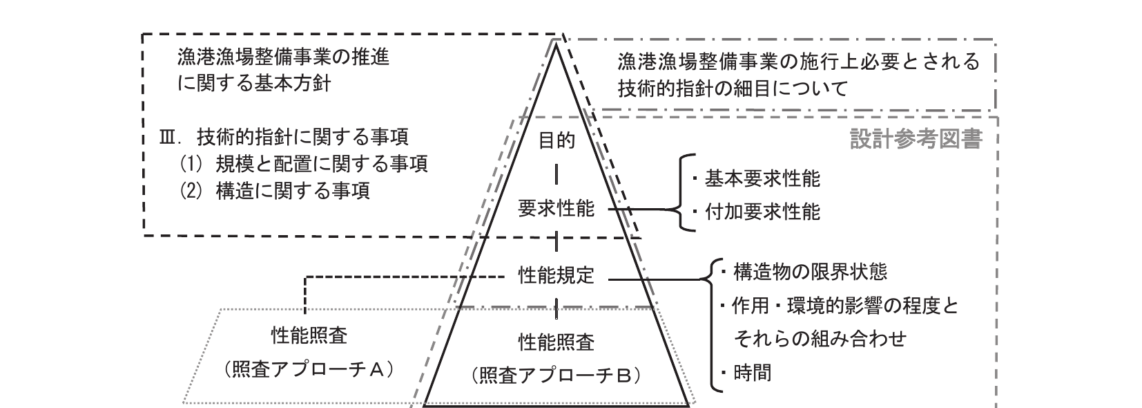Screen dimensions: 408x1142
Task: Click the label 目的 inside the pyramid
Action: pos(556,141)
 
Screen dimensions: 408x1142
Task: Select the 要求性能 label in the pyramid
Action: pos(556,209)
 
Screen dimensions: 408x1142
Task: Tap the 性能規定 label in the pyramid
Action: pos(556,276)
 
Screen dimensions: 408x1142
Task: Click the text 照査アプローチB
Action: pos(557,375)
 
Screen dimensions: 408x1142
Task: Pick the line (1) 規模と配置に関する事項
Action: pos(303,163)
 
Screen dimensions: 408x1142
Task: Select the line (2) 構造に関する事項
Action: pos(274,190)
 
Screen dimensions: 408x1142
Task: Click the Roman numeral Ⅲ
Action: pos(168,137)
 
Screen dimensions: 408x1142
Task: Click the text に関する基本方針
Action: pos(253,84)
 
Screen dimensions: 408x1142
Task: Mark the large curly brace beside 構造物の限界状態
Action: pos(707,325)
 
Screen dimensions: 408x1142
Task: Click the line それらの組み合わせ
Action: pos(819,339)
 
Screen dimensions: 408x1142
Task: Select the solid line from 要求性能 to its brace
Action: pos(635,208)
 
